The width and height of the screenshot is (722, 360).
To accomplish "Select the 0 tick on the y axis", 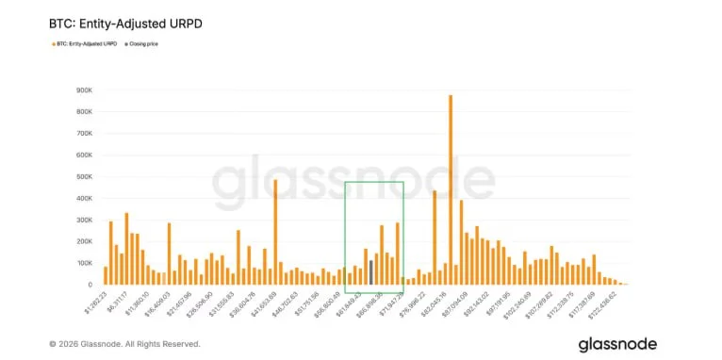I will click(x=89, y=285).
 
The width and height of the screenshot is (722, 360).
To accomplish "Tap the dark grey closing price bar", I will click(x=371, y=272).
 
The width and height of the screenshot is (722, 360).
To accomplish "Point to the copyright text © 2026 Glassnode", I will click(x=124, y=344).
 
